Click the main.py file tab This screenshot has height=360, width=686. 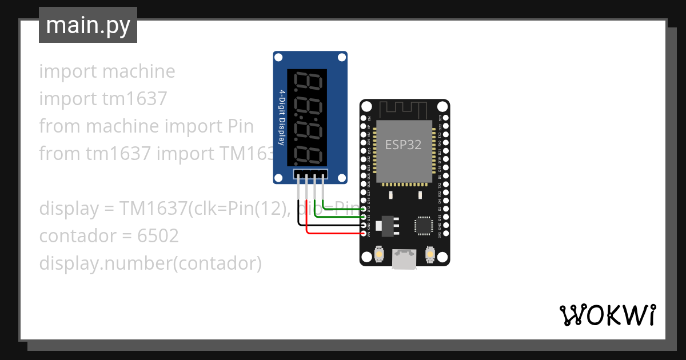click(x=88, y=25)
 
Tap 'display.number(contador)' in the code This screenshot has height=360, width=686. click(x=150, y=263)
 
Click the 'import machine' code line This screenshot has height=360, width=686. click(x=107, y=71)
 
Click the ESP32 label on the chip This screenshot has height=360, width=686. click(x=403, y=145)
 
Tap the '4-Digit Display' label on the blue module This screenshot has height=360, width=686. click(x=282, y=117)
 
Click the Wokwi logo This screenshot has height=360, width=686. click(x=608, y=315)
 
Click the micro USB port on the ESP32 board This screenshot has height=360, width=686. click(x=405, y=259)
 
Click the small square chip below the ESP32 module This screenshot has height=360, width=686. click(x=424, y=225)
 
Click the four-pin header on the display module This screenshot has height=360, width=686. click(x=310, y=174)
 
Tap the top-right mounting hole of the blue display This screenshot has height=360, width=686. click(x=341, y=58)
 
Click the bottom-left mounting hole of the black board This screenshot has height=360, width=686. click(x=366, y=259)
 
